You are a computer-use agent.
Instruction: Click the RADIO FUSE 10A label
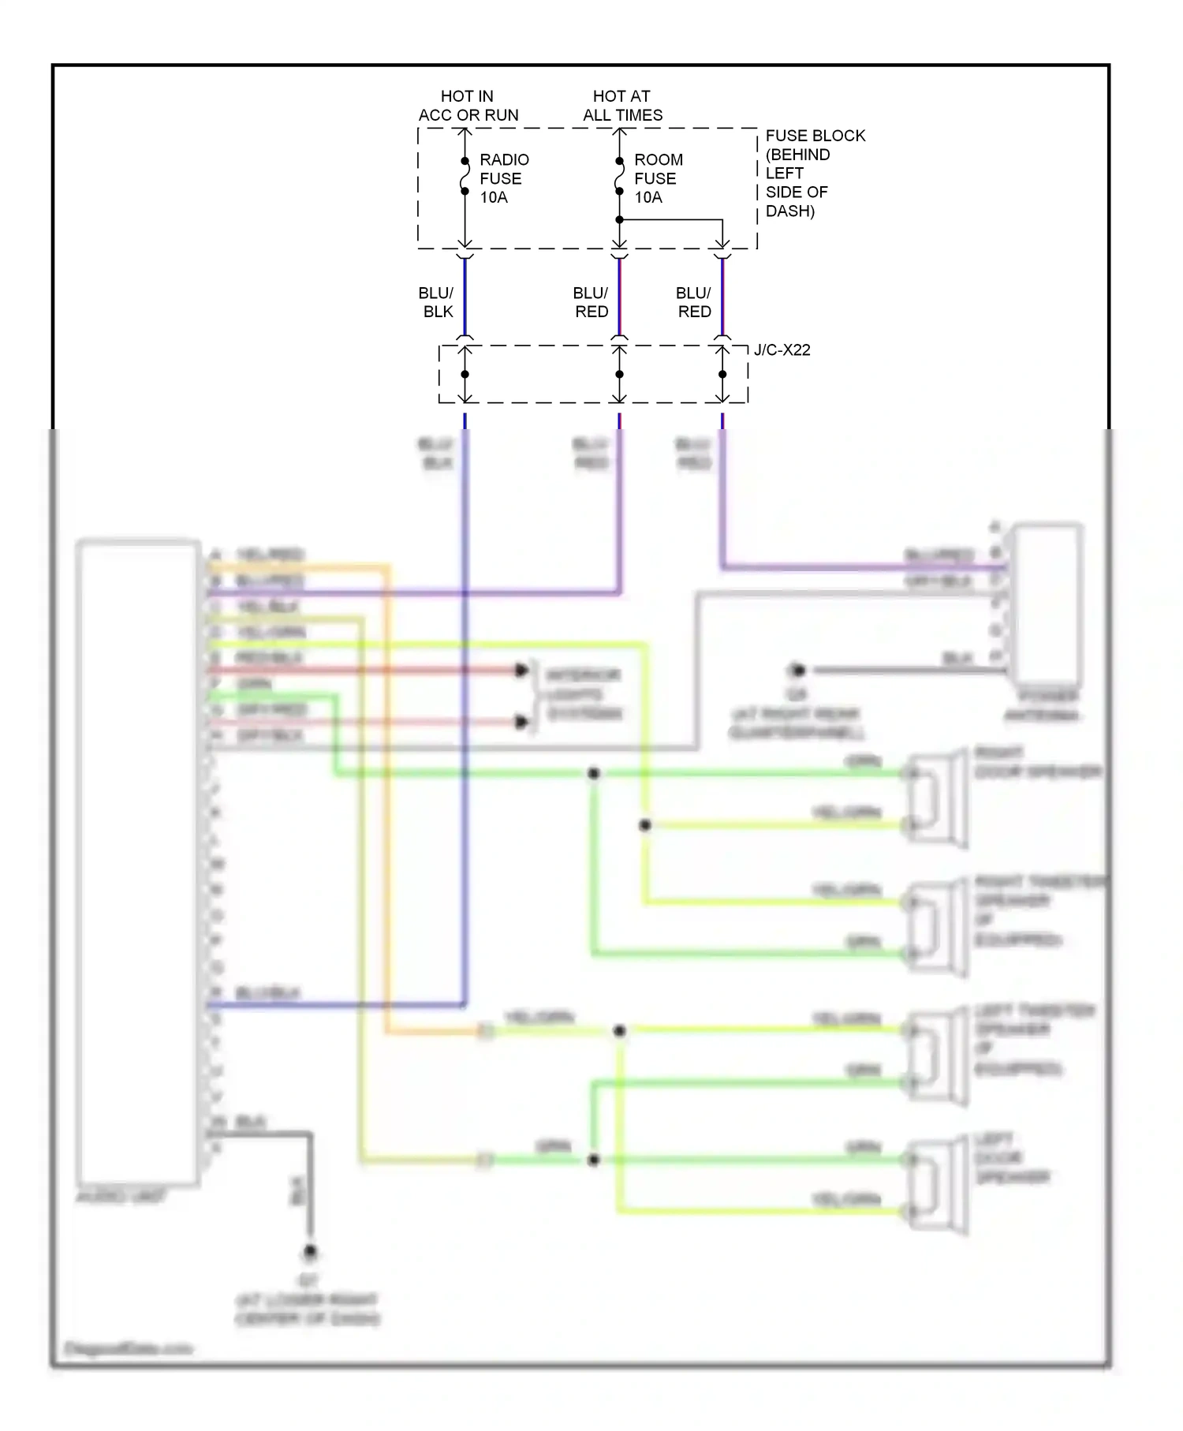[503, 178]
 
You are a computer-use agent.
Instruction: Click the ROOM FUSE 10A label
[658, 178]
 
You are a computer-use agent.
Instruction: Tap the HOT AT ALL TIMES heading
[622, 106]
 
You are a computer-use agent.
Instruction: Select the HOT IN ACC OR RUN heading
[468, 106]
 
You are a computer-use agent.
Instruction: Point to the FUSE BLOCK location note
[814, 173]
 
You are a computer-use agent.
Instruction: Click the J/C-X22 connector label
[782, 349]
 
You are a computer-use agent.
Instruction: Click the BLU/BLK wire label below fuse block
[437, 302]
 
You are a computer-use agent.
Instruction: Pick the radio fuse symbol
[465, 176]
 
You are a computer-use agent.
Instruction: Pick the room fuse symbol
[619, 176]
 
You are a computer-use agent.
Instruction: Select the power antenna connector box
[1047, 603]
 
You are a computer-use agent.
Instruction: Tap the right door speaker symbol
[939, 798]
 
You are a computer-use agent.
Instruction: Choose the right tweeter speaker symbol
[939, 928]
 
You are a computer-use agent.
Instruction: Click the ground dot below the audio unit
[310, 1251]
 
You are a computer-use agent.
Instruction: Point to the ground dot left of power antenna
[797, 671]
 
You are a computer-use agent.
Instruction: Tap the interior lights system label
[584, 694]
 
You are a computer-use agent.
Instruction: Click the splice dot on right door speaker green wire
[593, 773]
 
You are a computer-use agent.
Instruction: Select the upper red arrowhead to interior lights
[521, 671]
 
